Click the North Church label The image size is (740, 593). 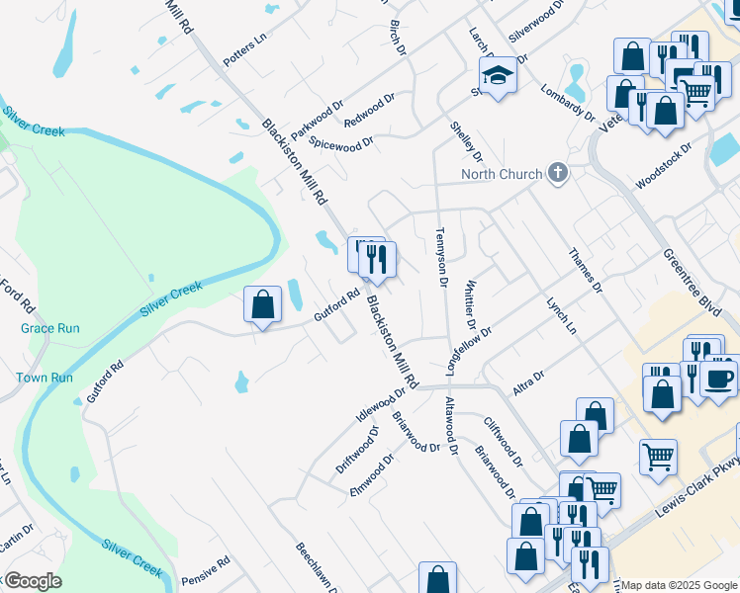(502, 175)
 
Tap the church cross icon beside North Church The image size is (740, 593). (558, 174)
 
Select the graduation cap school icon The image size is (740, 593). (499, 75)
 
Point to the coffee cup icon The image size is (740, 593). (719, 379)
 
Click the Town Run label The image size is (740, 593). (45, 378)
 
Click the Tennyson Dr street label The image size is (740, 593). (442, 258)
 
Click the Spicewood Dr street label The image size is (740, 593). (341, 143)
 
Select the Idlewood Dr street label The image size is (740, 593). (381, 403)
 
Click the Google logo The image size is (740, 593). (33, 581)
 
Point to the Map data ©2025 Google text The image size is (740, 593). (679, 586)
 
